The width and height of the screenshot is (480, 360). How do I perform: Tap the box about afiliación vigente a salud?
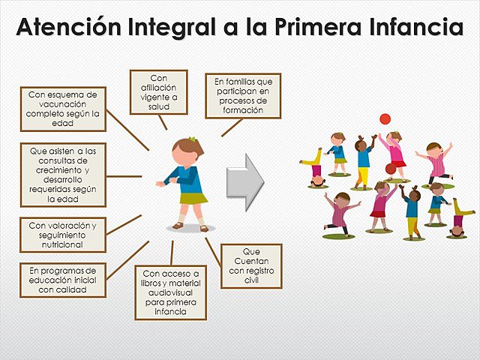(158, 91)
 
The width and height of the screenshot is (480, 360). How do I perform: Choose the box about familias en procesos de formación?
(243, 94)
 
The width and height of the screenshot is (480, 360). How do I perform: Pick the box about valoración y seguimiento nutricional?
(63, 235)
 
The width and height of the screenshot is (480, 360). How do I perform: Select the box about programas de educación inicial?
(63, 280)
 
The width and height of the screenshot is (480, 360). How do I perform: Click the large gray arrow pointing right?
(245, 178)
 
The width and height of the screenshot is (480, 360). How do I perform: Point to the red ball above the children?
(385, 118)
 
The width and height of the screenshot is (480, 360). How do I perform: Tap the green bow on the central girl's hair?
(192, 139)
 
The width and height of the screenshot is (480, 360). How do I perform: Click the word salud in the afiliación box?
(158, 106)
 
